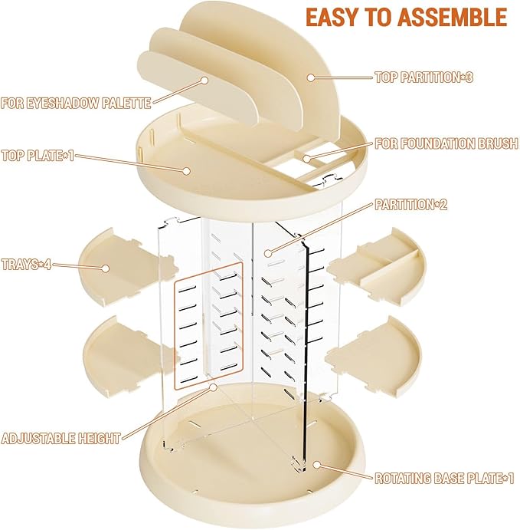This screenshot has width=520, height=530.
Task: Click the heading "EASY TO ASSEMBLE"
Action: [x=406, y=17]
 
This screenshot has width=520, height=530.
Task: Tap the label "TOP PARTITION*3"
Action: [x=424, y=77]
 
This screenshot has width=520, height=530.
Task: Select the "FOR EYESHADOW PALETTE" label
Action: [x=76, y=103]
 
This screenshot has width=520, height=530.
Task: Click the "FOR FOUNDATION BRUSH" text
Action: [x=446, y=143]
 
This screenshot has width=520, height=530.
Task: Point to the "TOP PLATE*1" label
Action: [x=38, y=156]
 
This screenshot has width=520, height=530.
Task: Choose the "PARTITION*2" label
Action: [x=411, y=204]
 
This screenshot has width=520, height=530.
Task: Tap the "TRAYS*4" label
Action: [x=26, y=264]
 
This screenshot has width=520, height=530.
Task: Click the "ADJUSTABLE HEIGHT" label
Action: [x=61, y=438]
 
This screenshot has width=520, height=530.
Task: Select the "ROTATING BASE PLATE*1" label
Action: [x=444, y=478]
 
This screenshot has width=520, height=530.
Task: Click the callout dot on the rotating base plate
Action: [x=316, y=465]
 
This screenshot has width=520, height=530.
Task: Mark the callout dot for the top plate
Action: [x=186, y=170]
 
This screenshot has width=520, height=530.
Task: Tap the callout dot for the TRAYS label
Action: [x=106, y=268]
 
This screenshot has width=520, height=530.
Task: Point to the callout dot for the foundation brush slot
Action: [x=306, y=158]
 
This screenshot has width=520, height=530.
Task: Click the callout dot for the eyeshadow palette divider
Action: [x=204, y=80]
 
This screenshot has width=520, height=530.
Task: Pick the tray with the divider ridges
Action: [x=376, y=265]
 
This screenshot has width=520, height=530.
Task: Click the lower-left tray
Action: [x=130, y=357]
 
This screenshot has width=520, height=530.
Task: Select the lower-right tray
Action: [x=374, y=357]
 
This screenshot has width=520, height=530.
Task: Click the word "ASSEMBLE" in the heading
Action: [x=452, y=17]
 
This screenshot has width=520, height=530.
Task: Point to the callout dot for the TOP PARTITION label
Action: [x=310, y=77]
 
